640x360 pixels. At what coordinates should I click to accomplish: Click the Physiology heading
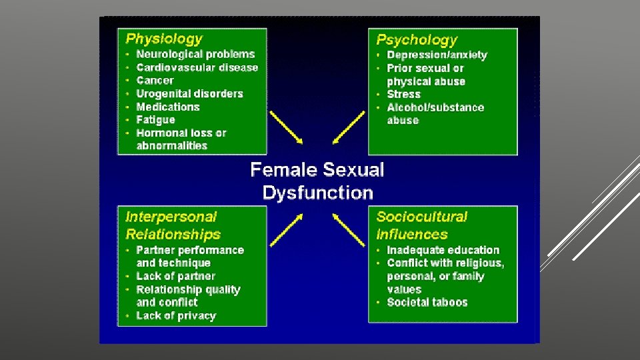click(x=164, y=39)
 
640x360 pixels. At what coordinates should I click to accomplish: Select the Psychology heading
click(x=417, y=40)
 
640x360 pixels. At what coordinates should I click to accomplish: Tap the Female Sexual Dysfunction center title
click(x=317, y=181)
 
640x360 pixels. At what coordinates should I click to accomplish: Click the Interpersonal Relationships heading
click(x=173, y=225)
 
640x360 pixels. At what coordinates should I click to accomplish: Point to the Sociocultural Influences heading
click(x=422, y=225)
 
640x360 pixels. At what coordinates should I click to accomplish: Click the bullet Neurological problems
click(x=195, y=54)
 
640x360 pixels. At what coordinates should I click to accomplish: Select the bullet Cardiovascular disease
click(x=197, y=67)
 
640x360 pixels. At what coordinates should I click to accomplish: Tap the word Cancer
click(x=155, y=80)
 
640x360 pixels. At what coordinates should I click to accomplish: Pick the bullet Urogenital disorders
click(x=189, y=93)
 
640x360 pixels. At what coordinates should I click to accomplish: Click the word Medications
click(x=167, y=107)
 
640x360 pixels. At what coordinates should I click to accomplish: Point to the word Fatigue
click(x=155, y=119)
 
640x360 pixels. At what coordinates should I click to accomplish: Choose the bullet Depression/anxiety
click(x=437, y=55)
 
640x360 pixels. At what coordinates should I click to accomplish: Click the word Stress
click(x=403, y=94)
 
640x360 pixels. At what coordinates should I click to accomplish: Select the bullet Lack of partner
click(x=175, y=276)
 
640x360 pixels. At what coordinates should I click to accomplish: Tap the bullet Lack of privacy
click(x=176, y=315)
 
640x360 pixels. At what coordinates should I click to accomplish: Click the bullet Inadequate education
click(x=443, y=250)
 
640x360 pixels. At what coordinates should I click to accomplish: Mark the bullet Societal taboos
click(x=427, y=302)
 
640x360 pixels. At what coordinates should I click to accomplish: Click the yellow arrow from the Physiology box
click(x=285, y=126)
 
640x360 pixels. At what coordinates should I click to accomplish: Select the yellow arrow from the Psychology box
click(x=349, y=126)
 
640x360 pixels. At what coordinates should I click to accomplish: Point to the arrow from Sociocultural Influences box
click(x=349, y=230)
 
